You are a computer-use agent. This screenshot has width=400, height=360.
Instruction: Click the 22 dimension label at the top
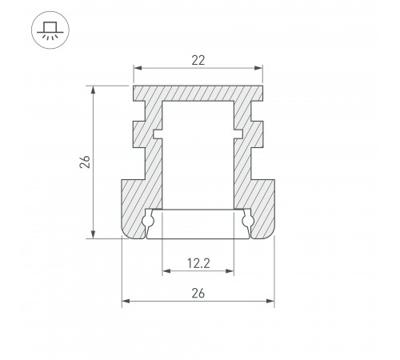click(x=198, y=61)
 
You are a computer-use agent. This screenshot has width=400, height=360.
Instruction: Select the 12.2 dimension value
click(x=198, y=263)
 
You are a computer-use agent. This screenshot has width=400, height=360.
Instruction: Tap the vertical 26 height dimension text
click(x=85, y=162)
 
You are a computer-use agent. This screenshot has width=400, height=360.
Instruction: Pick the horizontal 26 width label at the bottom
click(x=198, y=294)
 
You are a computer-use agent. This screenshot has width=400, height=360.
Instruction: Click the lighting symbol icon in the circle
click(x=50, y=30)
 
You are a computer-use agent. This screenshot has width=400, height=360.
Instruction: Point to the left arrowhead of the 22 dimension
click(x=138, y=68)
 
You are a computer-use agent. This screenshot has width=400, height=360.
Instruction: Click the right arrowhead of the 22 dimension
click(x=258, y=68)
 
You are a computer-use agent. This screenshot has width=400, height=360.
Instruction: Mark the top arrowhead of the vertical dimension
click(x=93, y=90)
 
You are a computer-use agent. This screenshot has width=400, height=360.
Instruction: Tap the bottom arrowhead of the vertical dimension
click(x=93, y=234)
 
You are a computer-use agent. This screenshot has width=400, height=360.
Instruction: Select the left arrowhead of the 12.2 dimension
click(x=166, y=271)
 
